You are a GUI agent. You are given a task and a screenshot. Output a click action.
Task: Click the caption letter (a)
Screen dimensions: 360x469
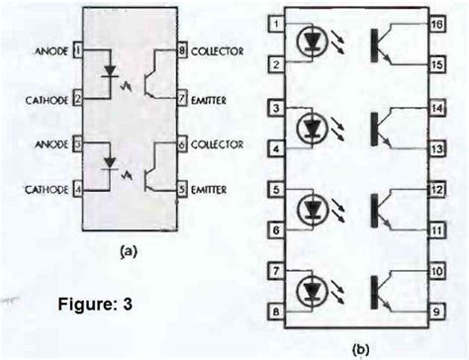point(127,253)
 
